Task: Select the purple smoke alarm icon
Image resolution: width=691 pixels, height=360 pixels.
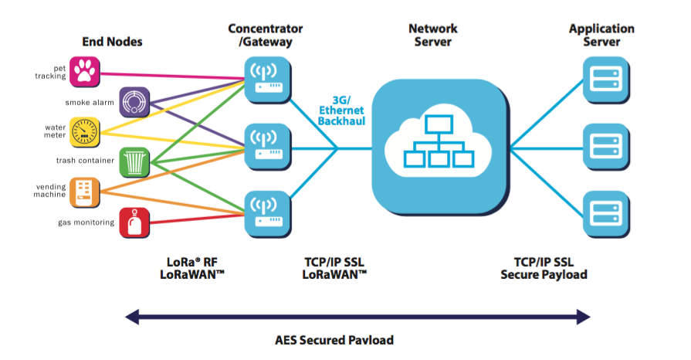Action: [x=134, y=101]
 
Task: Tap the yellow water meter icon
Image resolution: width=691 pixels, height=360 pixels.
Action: [x=83, y=131]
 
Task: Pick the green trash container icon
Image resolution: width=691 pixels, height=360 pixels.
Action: [x=134, y=161]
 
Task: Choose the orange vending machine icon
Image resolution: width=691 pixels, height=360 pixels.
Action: [x=83, y=192]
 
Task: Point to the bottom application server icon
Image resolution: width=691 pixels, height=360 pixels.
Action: [x=603, y=211]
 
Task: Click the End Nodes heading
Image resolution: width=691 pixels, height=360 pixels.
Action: [x=112, y=42]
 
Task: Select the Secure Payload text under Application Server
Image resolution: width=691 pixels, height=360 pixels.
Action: [x=544, y=274]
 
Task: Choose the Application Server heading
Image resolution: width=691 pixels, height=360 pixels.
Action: [x=601, y=35]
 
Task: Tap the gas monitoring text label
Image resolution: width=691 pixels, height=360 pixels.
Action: [x=86, y=222]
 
